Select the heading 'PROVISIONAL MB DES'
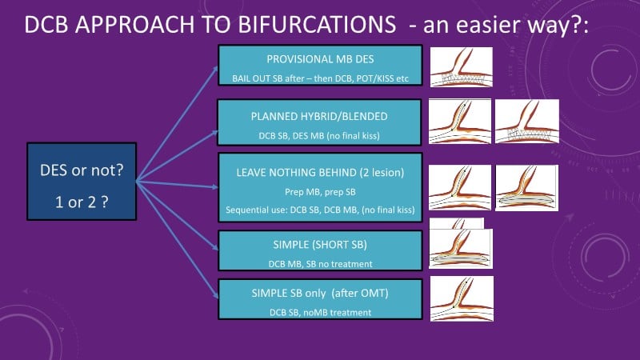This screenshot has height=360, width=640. (x=320, y=58)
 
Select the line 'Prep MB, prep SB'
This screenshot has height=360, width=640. (x=320, y=192)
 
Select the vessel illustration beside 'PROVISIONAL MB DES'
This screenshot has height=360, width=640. (x=462, y=67)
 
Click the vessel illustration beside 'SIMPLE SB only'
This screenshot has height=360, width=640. (x=462, y=299)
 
